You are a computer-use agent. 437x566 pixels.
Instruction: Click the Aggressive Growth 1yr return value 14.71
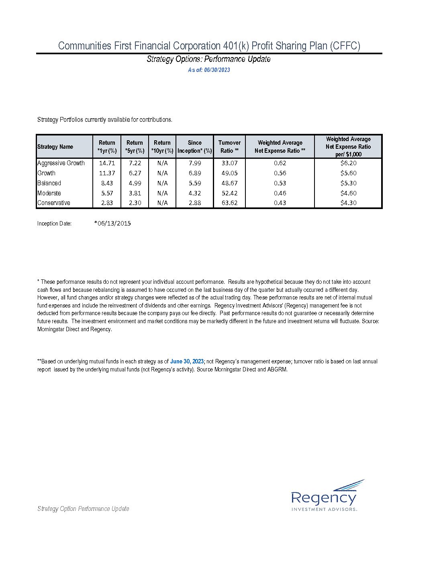click(107, 163)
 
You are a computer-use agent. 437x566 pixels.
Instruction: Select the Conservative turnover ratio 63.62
click(229, 203)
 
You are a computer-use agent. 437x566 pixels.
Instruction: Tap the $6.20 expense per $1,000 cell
click(348, 163)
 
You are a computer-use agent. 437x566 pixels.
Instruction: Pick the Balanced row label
click(49, 183)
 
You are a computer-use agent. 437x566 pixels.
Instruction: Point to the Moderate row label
click(49, 193)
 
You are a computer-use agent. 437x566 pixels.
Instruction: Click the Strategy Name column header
click(55, 147)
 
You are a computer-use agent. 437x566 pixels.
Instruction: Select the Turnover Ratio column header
click(229, 147)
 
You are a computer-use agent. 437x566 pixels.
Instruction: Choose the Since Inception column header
click(194, 147)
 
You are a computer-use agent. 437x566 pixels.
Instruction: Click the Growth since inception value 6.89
click(194, 173)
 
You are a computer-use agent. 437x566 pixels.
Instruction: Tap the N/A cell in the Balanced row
click(162, 183)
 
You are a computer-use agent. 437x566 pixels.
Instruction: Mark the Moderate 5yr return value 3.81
click(135, 193)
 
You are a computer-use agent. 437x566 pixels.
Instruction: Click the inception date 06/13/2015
click(113, 224)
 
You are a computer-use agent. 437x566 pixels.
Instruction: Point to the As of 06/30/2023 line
click(209, 70)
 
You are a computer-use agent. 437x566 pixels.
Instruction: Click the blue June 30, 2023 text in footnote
click(187, 361)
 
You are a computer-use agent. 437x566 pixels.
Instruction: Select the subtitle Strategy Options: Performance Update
click(208, 59)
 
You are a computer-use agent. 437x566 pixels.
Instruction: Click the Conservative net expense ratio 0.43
click(280, 203)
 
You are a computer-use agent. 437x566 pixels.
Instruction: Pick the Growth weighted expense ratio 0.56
click(280, 173)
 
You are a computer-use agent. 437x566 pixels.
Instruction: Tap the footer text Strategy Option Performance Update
click(83, 509)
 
